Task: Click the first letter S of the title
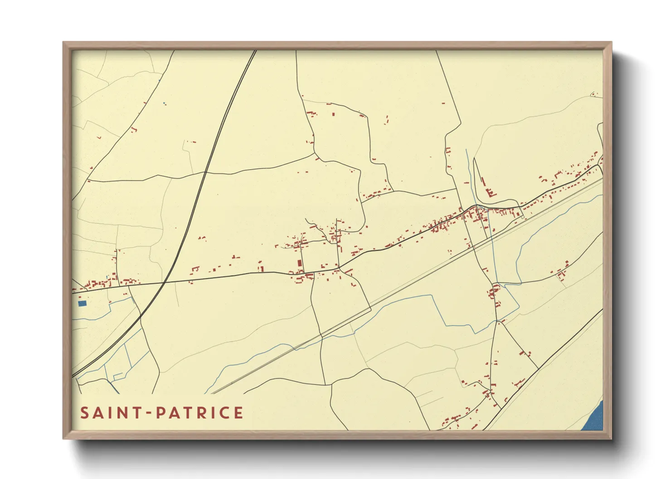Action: click(84, 413)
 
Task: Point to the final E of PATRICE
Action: click(239, 413)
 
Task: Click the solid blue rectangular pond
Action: click(82, 303)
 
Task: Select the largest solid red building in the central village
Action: click(299, 263)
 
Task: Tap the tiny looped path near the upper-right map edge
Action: click(593, 95)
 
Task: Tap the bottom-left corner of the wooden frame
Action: click(64, 438)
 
